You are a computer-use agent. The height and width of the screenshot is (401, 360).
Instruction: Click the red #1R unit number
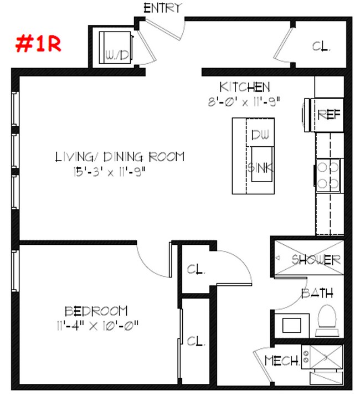click(x=38, y=44)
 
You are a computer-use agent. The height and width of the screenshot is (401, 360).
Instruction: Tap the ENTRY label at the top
click(x=162, y=8)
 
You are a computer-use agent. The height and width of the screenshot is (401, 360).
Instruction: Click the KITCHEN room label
click(x=244, y=87)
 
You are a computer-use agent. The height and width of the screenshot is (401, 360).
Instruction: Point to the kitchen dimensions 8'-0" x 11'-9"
click(x=244, y=101)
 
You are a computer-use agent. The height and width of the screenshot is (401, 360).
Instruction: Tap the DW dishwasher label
click(x=260, y=135)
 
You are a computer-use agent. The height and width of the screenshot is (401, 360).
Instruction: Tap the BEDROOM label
click(x=96, y=311)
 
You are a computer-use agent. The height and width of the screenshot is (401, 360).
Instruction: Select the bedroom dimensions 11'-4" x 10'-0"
click(x=96, y=325)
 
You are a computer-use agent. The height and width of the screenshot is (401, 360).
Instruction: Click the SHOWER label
click(x=316, y=259)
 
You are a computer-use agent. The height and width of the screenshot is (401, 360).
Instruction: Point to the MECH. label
click(x=282, y=361)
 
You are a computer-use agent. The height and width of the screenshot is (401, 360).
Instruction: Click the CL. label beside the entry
click(x=321, y=48)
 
